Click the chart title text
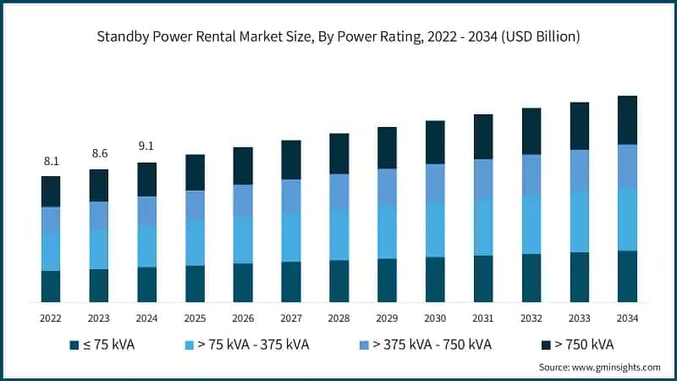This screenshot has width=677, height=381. click(x=338, y=36)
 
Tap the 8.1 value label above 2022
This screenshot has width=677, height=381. click(x=51, y=161)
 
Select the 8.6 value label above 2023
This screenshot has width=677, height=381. click(x=99, y=154)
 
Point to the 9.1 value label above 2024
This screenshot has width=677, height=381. click(x=147, y=146)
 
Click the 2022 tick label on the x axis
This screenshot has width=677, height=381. click(x=51, y=317)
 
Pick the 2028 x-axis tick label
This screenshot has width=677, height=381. click(x=339, y=317)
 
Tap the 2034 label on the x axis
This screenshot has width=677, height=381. click(x=627, y=317)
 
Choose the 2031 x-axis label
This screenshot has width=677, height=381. click(x=483, y=317)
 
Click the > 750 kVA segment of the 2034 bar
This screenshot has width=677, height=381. click(x=627, y=120)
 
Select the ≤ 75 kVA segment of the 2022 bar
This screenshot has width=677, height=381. click(x=51, y=286)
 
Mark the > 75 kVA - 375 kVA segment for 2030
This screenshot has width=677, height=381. click(x=435, y=229)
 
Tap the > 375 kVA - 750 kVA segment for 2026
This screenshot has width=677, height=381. click(x=243, y=201)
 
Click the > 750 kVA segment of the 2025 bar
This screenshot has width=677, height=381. click(x=195, y=173)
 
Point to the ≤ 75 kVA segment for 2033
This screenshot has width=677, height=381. click(x=580, y=277)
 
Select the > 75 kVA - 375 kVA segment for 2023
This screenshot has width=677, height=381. click(x=99, y=249)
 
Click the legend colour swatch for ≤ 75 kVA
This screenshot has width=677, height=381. click(x=74, y=345)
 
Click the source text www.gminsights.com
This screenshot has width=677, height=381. click(x=599, y=367)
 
